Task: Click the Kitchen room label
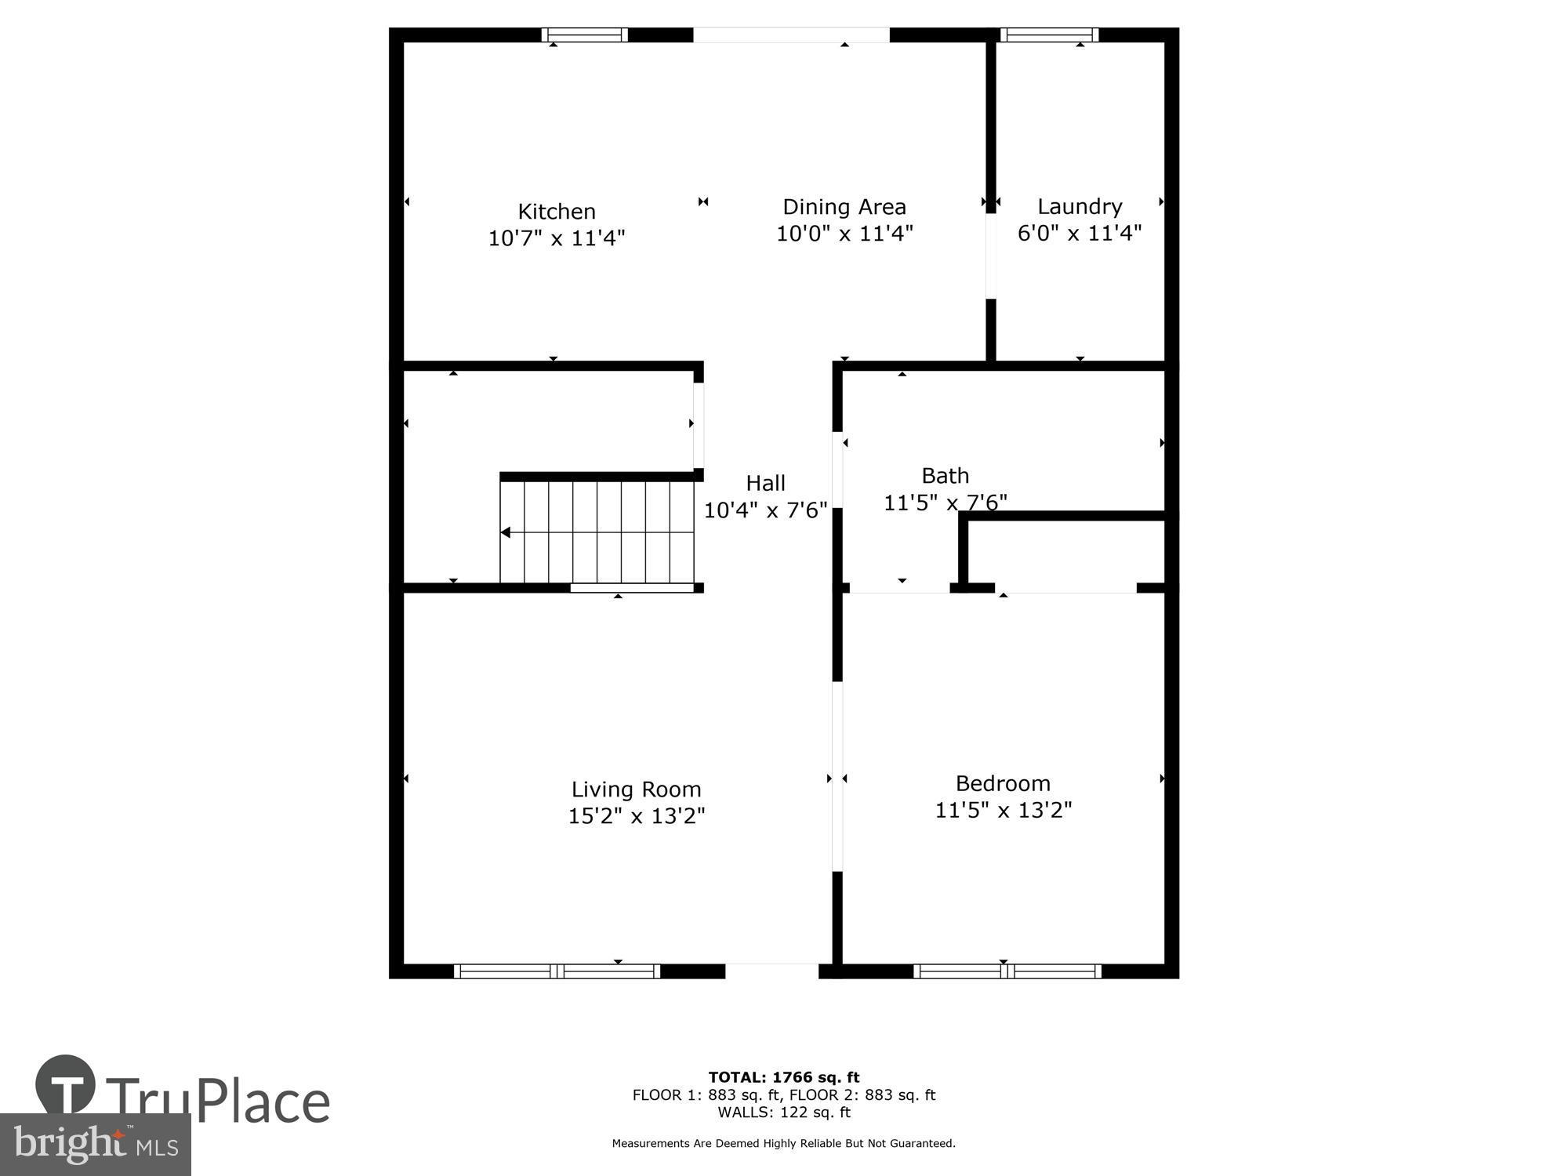(557, 212)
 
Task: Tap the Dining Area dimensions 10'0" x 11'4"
(844, 234)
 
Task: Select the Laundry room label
(1080, 207)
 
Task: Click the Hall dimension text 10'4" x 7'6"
(765, 510)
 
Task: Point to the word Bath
(945, 476)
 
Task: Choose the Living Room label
(636, 789)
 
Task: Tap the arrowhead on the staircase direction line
(506, 533)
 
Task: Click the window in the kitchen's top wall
(585, 34)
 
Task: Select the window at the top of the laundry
(1048, 34)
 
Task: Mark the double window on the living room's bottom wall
(557, 971)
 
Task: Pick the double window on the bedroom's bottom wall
(1007, 971)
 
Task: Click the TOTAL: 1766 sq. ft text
(784, 1077)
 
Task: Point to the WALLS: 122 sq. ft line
(784, 1112)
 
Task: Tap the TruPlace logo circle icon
(65, 1085)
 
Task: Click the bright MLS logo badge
(95, 1145)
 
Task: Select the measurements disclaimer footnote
(784, 1144)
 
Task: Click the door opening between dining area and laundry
(991, 256)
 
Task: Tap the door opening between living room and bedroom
(837, 776)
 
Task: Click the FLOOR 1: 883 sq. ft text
(706, 1095)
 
